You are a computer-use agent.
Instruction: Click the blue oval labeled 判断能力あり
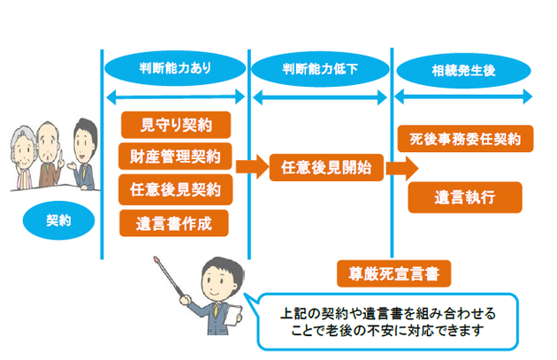click(175, 68)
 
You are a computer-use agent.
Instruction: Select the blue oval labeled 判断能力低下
click(320, 69)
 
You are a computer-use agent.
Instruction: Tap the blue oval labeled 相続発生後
click(463, 71)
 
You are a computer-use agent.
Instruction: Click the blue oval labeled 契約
click(58, 220)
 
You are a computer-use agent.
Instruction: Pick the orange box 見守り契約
click(176, 125)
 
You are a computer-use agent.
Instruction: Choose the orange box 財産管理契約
click(175, 157)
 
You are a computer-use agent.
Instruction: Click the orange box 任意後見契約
click(175, 189)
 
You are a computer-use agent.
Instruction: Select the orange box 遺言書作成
click(174, 223)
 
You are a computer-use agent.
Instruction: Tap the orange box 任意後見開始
click(326, 167)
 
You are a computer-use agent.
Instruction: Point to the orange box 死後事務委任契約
click(465, 139)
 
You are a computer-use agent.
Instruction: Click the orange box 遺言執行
click(465, 197)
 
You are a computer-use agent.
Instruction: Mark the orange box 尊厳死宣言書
click(394, 273)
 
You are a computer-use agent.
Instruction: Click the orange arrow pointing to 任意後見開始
click(252, 166)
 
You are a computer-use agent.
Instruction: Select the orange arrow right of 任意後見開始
click(402, 168)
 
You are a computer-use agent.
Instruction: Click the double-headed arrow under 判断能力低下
click(320, 97)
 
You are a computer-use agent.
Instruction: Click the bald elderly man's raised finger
click(61, 155)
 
